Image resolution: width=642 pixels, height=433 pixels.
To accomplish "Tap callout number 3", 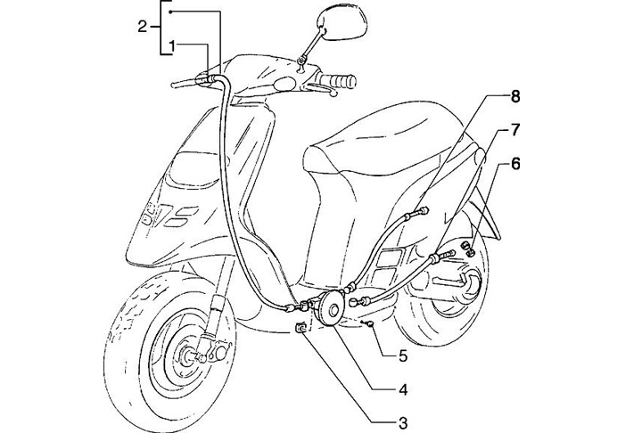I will pyautogui.click(x=403, y=421).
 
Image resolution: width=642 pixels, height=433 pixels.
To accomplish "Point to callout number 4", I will pyautogui.click(x=403, y=389).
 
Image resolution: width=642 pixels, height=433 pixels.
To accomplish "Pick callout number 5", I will pyautogui.click(x=403, y=355).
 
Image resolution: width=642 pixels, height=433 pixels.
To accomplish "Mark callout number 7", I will pyautogui.click(x=515, y=130).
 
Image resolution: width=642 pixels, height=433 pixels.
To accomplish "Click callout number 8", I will pyautogui.click(x=515, y=94).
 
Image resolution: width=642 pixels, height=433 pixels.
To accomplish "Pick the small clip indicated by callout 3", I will pyautogui.click(x=301, y=329).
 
